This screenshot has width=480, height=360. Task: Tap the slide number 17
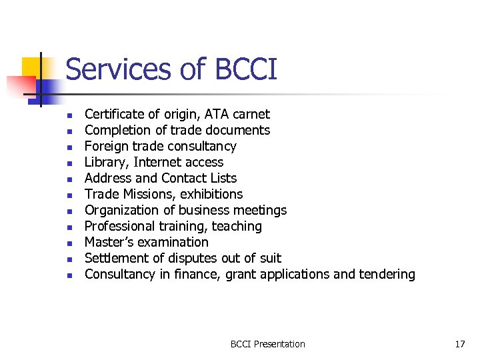[459, 344]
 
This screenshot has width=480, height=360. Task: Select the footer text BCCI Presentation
[267, 344]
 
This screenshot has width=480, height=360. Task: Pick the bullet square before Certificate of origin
[69, 115]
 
